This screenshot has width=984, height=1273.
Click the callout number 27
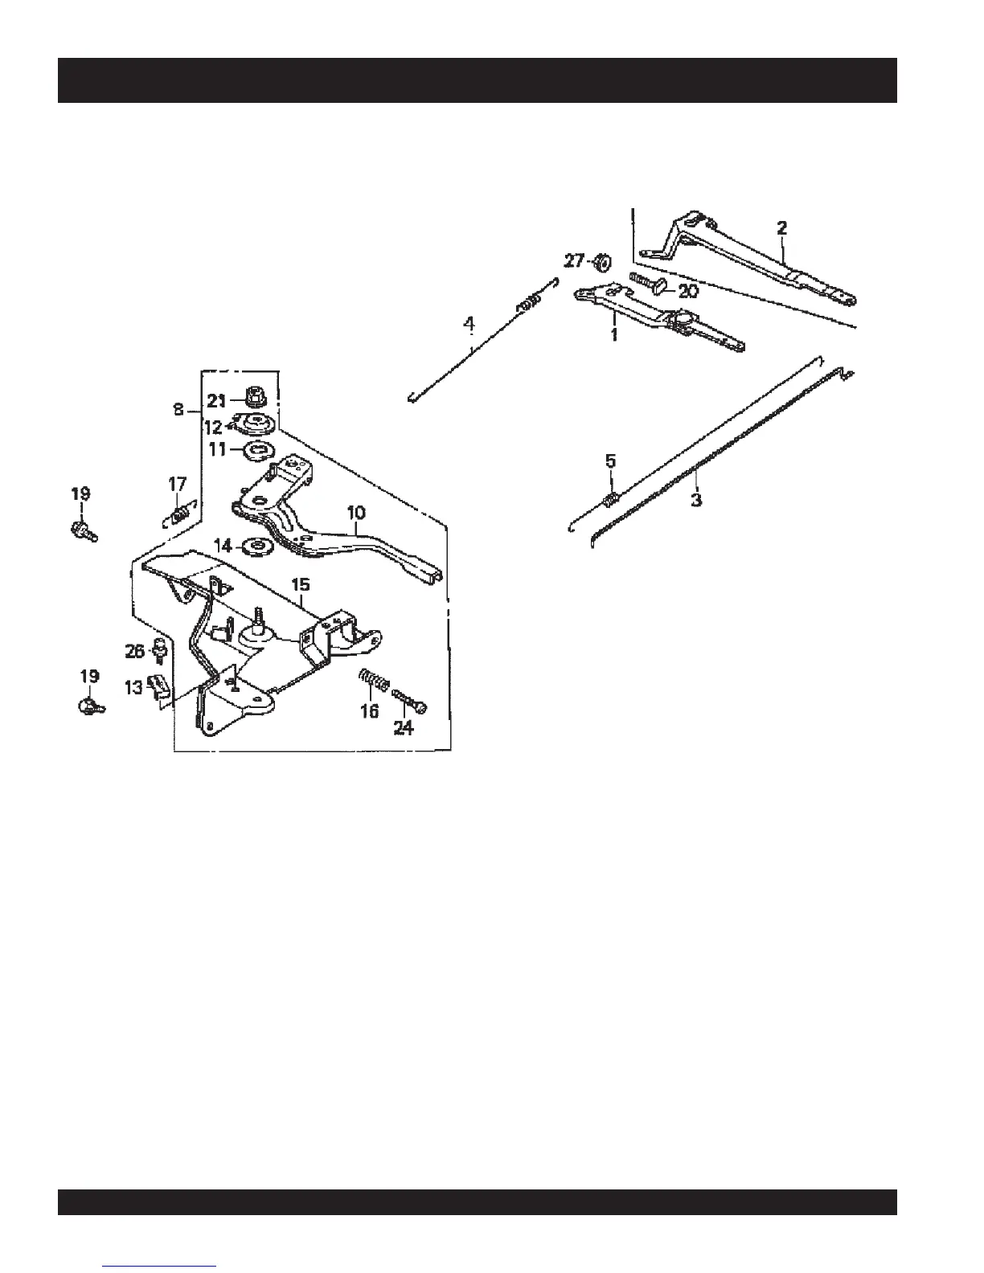tap(573, 261)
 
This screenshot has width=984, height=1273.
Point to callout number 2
tap(781, 228)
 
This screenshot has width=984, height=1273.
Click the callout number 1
tap(614, 334)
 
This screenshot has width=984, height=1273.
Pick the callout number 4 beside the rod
tap(469, 325)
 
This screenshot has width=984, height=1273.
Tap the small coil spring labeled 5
tap(609, 501)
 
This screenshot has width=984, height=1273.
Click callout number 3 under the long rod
tap(696, 499)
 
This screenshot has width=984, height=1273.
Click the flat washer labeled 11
tap(258, 449)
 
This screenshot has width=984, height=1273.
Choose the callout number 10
tap(356, 512)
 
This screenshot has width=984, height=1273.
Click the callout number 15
tap(300, 583)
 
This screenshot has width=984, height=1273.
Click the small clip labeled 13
tap(159, 685)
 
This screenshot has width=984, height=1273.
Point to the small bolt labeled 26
tap(161, 649)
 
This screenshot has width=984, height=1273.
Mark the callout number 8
tap(178, 410)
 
